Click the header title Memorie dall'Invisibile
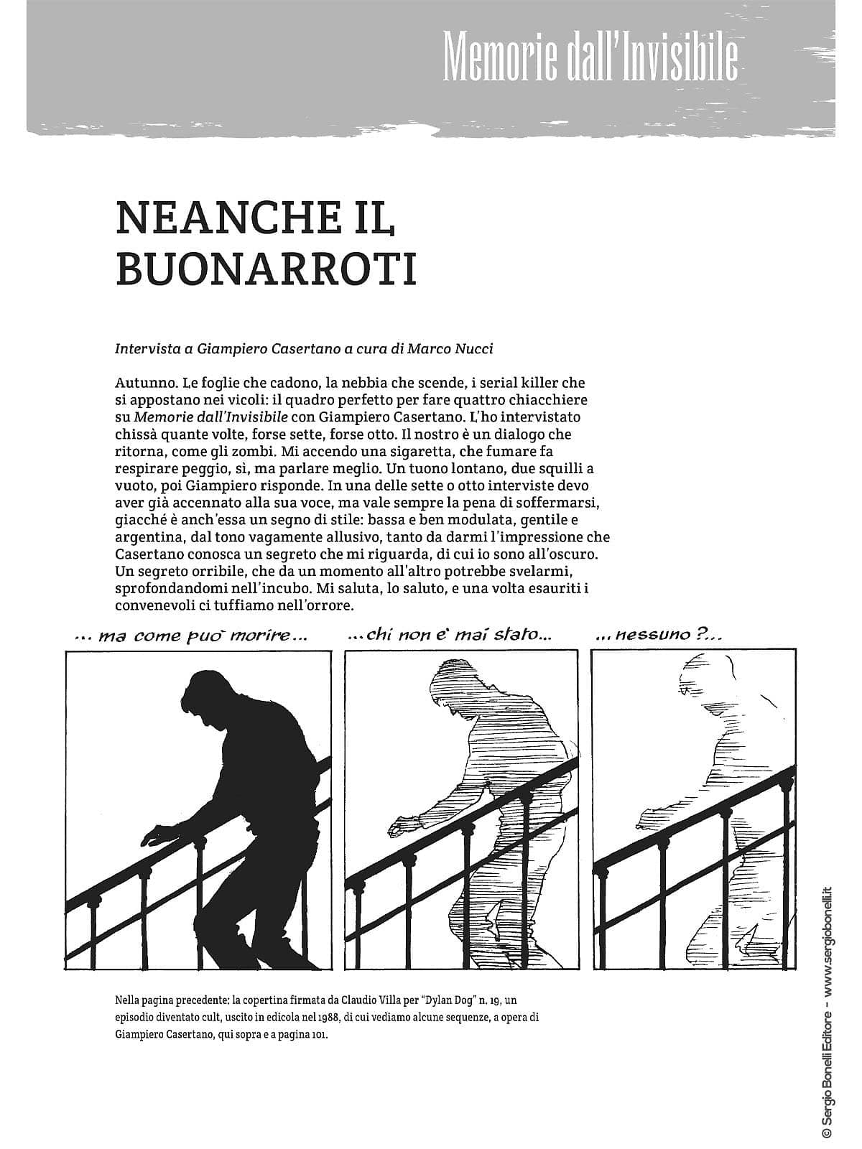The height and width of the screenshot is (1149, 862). (x=590, y=55)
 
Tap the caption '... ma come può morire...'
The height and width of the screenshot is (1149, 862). (x=190, y=636)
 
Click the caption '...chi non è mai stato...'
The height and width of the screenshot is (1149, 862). (x=450, y=635)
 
